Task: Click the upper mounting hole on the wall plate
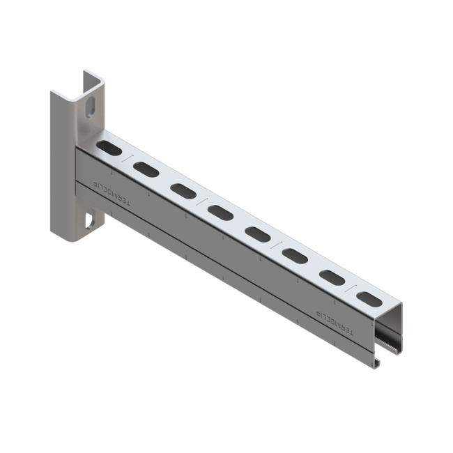coord(91,108)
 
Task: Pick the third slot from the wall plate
coord(183,190)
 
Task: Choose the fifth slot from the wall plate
coord(256,233)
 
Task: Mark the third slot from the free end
coord(294,254)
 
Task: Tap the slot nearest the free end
coord(369,299)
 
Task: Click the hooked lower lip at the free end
coord(377,363)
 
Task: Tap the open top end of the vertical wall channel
coord(93,79)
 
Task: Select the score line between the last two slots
coord(351,287)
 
